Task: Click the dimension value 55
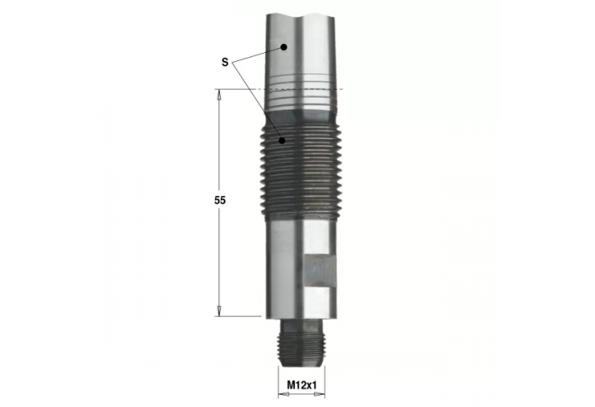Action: click(x=219, y=200)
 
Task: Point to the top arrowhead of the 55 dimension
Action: click(x=219, y=94)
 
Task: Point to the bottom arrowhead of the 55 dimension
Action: click(x=219, y=310)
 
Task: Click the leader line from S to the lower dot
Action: click(x=256, y=102)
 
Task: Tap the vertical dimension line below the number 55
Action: click(x=219, y=260)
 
